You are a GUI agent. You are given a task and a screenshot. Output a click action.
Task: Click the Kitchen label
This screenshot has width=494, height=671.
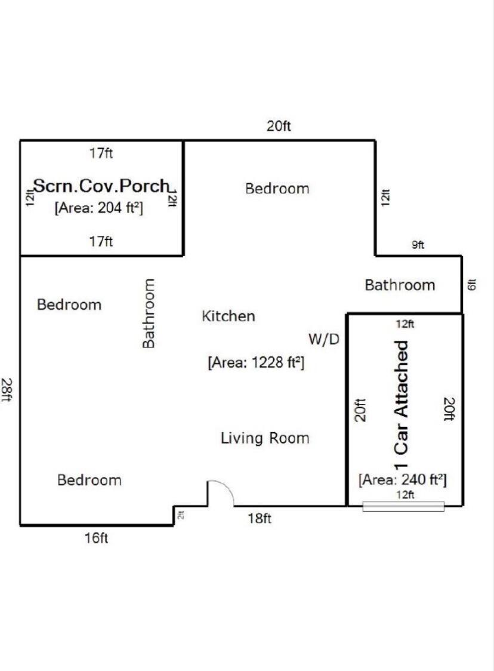coord(229,316)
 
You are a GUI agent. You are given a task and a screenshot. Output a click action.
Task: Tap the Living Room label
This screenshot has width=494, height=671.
coord(265,438)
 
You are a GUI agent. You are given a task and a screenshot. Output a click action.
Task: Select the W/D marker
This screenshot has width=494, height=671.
coord(323,340)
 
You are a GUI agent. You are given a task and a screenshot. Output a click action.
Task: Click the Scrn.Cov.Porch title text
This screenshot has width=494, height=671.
coord(101,186)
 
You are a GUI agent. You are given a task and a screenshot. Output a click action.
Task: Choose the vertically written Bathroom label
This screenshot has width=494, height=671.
coord(149,313)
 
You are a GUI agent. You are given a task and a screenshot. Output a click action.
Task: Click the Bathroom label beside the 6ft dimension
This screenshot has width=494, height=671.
coord(400,285)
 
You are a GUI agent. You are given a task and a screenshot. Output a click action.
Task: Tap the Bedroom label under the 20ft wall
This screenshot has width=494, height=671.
coord(277,189)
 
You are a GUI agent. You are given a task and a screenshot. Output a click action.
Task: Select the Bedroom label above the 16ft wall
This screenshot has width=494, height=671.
coord(89,480)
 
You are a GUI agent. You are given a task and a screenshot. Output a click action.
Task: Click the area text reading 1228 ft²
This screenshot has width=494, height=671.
coord(256,362)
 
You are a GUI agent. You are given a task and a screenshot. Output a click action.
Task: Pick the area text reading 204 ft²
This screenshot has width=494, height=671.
coord(99,208)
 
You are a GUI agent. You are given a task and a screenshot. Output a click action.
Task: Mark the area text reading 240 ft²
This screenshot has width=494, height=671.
coord(402,479)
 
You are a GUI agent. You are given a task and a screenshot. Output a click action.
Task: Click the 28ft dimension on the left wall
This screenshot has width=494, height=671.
coord(7,390)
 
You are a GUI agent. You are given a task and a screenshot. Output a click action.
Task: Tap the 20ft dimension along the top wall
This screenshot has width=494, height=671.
coord(279,126)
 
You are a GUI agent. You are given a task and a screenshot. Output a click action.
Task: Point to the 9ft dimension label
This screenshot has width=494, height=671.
coord(418,245)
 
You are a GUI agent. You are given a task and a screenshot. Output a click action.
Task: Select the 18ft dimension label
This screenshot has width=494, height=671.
coord(260,518)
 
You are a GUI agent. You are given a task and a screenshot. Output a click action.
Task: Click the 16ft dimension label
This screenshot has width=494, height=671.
coord(96,538)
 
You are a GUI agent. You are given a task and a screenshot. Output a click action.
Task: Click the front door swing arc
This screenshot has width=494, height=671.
coord(221,493)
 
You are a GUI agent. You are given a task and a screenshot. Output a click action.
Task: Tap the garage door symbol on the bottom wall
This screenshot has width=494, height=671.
coord(403,506)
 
